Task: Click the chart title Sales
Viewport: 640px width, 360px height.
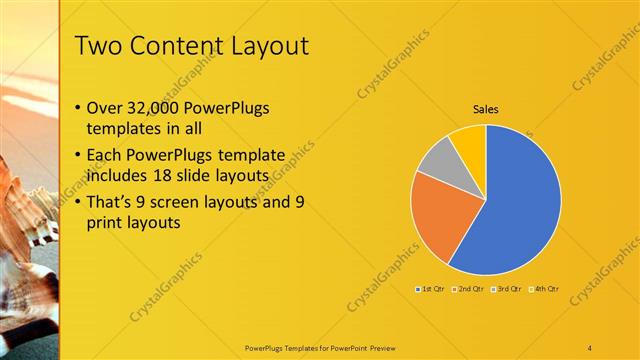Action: pos(486,109)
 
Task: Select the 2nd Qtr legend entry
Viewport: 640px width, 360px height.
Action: pos(469,288)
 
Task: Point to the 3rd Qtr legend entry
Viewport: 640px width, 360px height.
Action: pos(506,288)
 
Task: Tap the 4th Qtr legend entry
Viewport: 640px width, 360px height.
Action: pos(543,288)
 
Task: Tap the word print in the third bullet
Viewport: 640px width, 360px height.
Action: pos(107,225)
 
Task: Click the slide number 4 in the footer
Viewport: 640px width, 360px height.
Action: pos(590,347)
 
